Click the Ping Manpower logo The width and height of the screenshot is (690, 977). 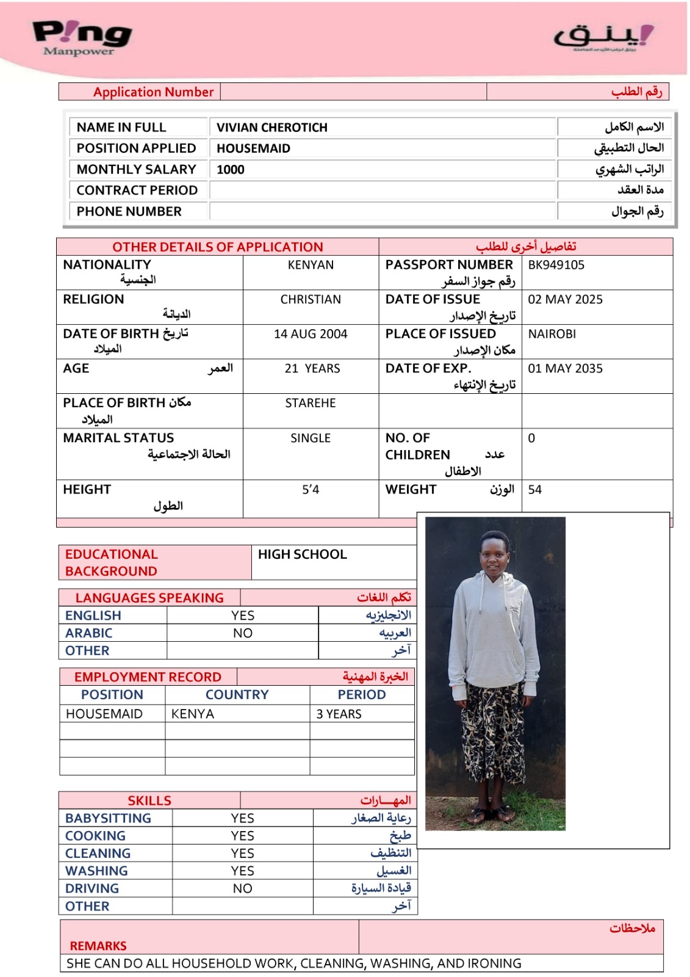[82, 38]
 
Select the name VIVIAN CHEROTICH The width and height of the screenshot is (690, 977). [272, 128]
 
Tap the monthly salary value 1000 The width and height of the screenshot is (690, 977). [231, 170]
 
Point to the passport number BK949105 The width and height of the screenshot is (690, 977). [556, 265]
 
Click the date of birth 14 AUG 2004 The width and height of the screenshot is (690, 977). [311, 334]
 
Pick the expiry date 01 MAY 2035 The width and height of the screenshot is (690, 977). [565, 369]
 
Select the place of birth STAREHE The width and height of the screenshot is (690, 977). [311, 403]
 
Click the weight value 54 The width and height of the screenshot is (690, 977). [535, 490]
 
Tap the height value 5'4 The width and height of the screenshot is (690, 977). [311, 490]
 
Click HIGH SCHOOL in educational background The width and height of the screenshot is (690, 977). [302, 554]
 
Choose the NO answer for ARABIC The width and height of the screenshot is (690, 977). [243, 633]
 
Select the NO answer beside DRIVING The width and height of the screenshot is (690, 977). [242, 888]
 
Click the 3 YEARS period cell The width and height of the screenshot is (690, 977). [339, 714]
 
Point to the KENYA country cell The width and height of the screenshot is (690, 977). [193, 714]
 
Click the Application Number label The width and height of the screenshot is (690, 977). [153, 92]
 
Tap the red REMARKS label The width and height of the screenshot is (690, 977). [98, 946]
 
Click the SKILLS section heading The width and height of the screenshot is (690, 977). [149, 801]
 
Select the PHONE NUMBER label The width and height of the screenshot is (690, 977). [129, 211]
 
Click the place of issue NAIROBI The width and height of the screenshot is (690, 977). [552, 334]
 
